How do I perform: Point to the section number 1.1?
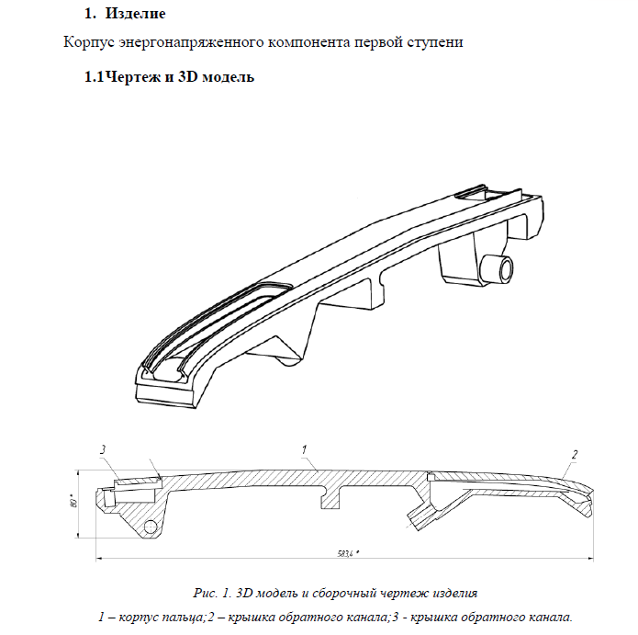click(94, 77)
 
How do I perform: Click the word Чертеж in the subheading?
click(134, 77)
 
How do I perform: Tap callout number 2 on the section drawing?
click(575, 454)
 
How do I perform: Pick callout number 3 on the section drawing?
click(105, 448)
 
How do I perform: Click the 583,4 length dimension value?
click(345, 553)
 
